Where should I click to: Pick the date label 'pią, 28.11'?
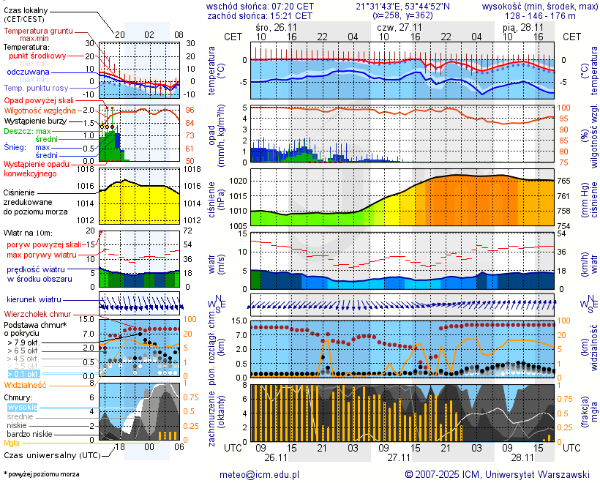pos(520,26)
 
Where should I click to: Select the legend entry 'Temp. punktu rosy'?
pos(37,88)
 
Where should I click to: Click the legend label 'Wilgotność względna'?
pos(40,110)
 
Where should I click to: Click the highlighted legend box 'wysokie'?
pos(22,407)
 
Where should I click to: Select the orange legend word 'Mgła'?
pos(12,443)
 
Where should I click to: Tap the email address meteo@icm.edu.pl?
pos(260,474)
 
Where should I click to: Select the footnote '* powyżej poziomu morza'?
pos(41,474)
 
